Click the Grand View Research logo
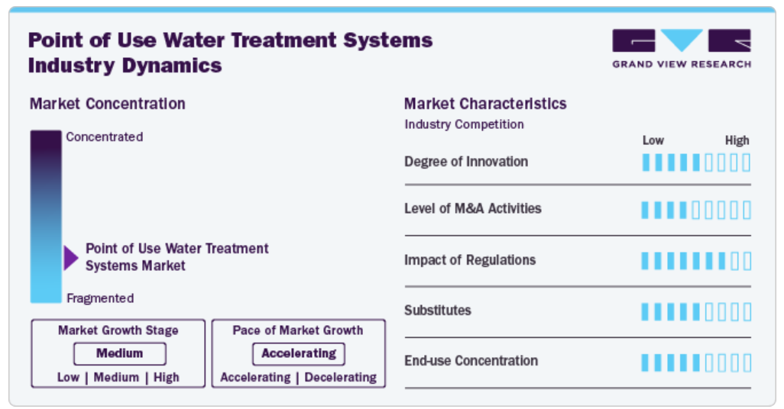[x=682, y=48]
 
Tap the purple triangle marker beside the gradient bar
[x=71, y=258]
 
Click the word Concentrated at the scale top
[x=105, y=137]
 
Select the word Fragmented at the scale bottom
[x=100, y=298]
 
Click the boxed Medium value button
[x=120, y=353]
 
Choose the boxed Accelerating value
[x=299, y=353]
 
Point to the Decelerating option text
[x=341, y=377]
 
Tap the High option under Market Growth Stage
[x=166, y=377]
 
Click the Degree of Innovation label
[x=466, y=162]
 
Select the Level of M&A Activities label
[x=472, y=208]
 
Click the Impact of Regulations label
[x=469, y=259]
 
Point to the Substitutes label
[x=438, y=310]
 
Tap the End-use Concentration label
[x=471, y=361]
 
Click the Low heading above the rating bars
[x=653, y=140]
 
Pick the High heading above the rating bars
[x=737, y=140]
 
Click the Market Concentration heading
[x=108, y=104]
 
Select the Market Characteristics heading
[x=485, y=104]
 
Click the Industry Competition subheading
[x=464, y=124]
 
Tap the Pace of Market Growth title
[x=297, y=330]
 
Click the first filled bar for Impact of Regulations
[x=645, y=261]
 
